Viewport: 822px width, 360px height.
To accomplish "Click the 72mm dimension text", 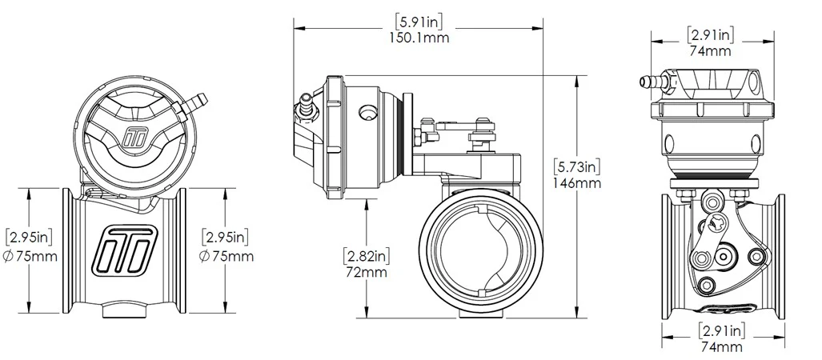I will coord(366,273).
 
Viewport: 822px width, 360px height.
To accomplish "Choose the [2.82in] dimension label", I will coord(366,256).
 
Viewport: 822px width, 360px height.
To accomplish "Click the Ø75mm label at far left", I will coord(30,256).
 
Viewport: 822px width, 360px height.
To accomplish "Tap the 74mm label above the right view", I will coord(709,52).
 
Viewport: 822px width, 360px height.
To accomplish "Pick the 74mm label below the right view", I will coord(720,347).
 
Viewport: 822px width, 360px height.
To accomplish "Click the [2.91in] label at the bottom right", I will coord(720,330).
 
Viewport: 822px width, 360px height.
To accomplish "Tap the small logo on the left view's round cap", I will coord(134,137).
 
